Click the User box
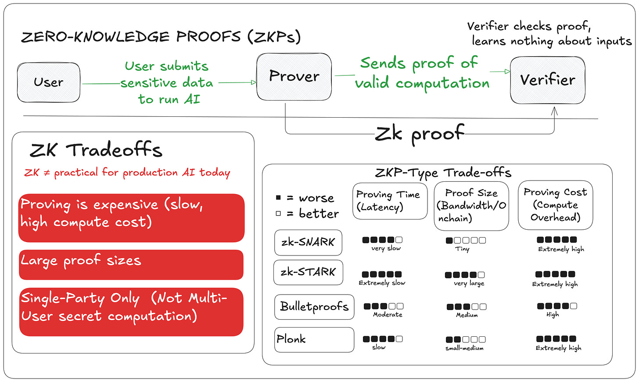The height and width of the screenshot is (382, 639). (49, 83)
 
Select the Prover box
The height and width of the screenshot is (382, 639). (294, 76)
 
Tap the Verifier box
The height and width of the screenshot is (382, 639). (547, 80)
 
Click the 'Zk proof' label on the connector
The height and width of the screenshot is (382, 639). (419, 133)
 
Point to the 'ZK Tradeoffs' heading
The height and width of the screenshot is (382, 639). (96, 150)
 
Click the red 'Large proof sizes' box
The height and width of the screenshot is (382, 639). (131, 264)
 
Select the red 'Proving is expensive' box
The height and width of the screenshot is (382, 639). (131, 218)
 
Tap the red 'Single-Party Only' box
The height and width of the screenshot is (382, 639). (131, 312)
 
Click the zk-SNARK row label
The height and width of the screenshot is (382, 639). (308, 242)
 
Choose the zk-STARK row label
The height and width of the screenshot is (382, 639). (308, 272)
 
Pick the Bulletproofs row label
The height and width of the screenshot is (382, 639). (314, 306)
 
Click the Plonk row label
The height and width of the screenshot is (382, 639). (314, 339)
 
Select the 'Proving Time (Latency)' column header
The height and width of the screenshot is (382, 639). (389, 201)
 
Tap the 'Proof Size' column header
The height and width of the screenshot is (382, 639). (471, 205)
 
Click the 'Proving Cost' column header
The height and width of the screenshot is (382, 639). (555, 205)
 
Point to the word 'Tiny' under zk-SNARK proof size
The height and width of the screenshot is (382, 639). (463, 249)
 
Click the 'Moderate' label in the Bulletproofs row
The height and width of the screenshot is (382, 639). (388, 315)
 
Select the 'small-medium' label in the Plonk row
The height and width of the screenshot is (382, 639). (464, 348)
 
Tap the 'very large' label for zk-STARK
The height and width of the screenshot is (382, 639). (469, 284)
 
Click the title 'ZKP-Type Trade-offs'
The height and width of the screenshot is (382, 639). (443, 173)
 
